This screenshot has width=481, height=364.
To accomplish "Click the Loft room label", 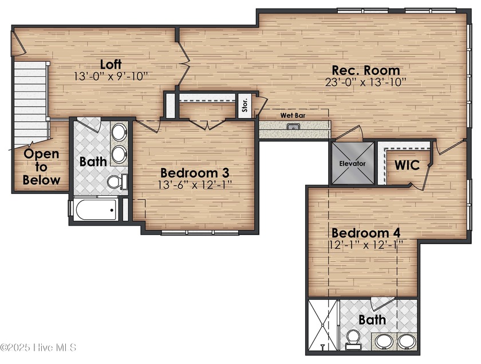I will pyautogui.click(x=111, y=64).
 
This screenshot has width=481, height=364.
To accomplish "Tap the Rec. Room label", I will pyautogui.click(x=366, y=70).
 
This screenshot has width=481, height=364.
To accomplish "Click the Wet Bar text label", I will pyautogui.click(x=291, y=115).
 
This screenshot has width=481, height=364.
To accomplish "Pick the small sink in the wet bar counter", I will pyautogui.click(x=294, y=126).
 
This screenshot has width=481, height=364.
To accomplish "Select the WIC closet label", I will pyautogui.click(x=407, y=165).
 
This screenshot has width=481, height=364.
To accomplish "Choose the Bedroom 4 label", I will pyautogui.click(x=365, y=233).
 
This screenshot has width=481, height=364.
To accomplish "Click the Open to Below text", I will pyautogui.click(x=41, y=167).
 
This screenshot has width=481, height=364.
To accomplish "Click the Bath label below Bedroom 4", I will pyautogui.click(x=372, y=319).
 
